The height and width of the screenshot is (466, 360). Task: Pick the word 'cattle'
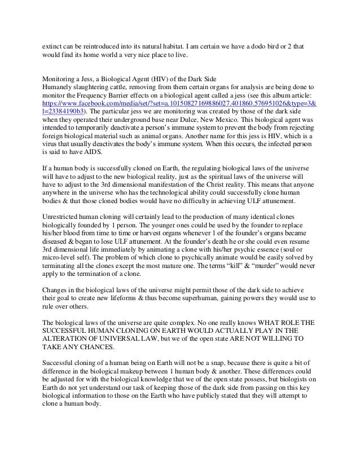pos(126,87)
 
